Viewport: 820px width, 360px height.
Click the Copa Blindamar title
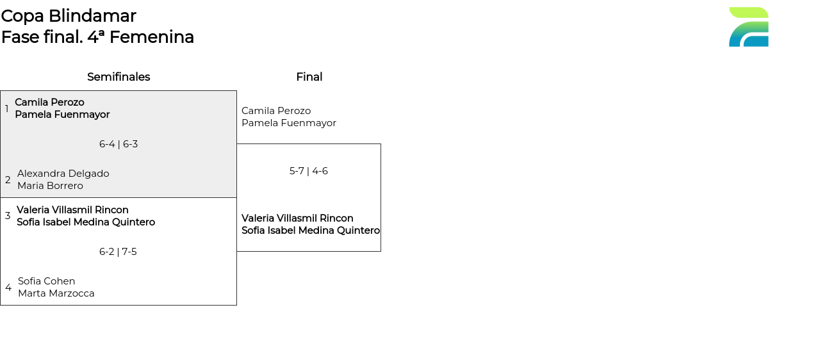click(69, 16)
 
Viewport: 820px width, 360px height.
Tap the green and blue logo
click(748, 27)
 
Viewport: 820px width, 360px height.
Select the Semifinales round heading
click(119, 77)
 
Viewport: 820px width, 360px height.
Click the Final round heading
click(309, 77)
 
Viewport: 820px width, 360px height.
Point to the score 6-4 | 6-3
click(119, 144)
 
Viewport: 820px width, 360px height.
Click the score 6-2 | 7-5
click(118, 252)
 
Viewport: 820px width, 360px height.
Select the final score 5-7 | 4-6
click(308, 171)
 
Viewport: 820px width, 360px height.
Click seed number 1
click(7, 109)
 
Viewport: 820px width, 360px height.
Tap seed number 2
click(8, 180)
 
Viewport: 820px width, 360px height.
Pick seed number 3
click(8, 216)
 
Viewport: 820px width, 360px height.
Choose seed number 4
click(8, 288)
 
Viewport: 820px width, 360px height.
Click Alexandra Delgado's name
click(63, 174)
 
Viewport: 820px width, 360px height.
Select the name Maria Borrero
click(50, 186)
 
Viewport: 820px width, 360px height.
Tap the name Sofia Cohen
click(47, 281)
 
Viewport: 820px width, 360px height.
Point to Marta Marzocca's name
click(56, 293)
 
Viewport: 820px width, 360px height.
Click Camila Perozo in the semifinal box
click(49, 102)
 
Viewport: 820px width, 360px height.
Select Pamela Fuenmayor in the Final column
click(289, 123)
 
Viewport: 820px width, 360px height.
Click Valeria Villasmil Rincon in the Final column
click(297, 218)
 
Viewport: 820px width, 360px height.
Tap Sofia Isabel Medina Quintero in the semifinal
click(86, 222)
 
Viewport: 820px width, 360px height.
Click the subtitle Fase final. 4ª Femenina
click(97, 37)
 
